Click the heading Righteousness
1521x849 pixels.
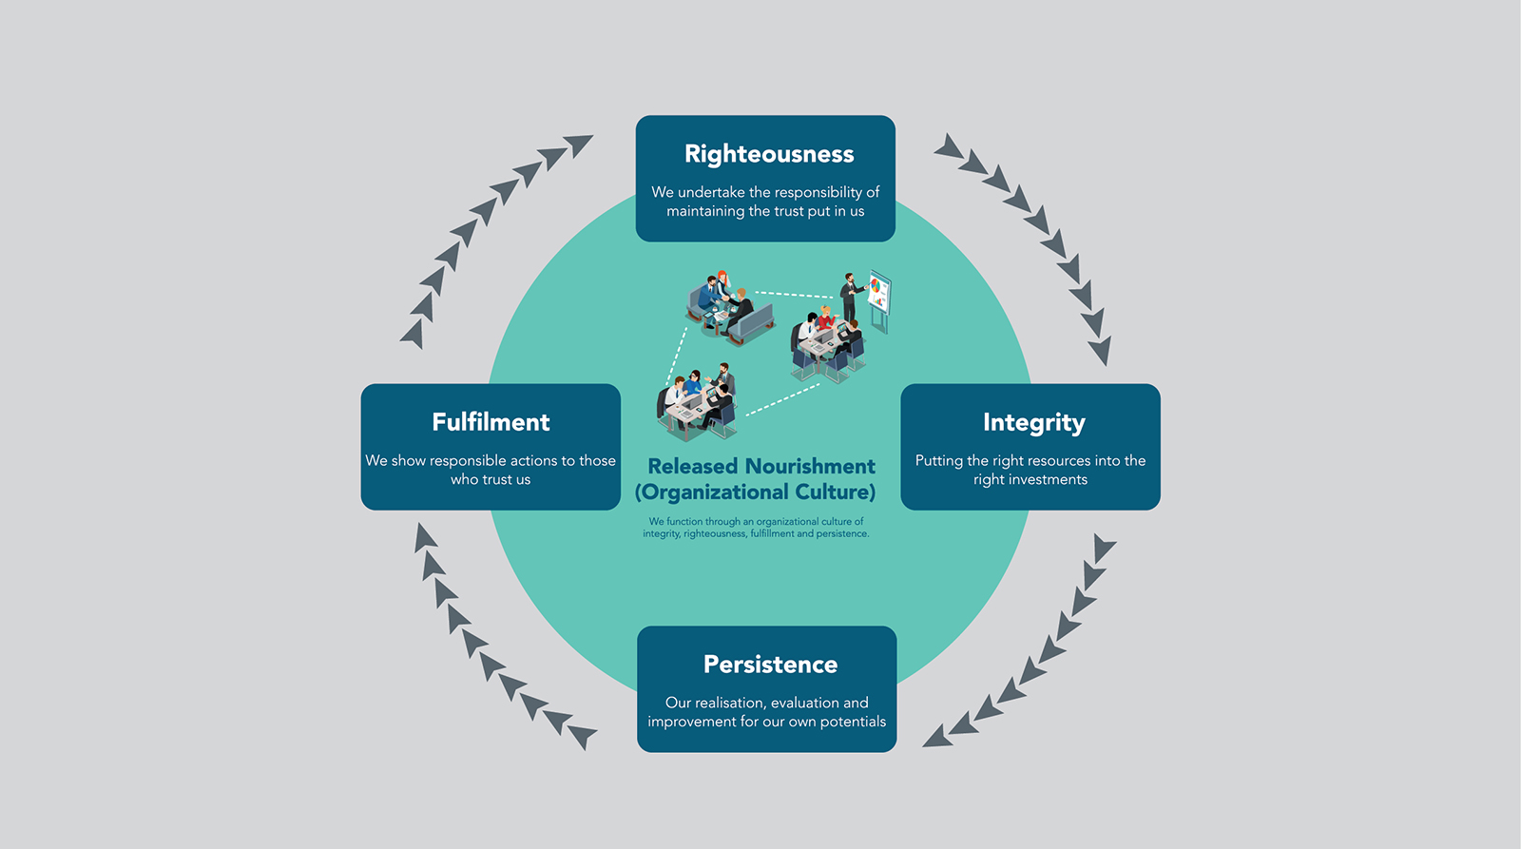769,155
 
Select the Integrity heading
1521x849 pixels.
1034,423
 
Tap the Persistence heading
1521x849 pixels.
770,665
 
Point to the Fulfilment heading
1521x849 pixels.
491,422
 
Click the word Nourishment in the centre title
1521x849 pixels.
809,467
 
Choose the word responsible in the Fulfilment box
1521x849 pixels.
468,461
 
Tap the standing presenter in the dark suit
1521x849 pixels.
850,298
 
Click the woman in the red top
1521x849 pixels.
826,318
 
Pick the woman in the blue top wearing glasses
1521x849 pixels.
693,384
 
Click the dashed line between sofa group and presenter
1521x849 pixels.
795,295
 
